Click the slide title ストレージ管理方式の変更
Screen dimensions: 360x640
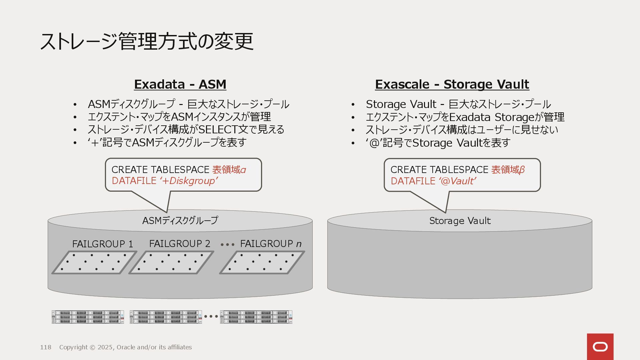pos(147,41)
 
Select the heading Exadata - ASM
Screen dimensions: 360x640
pos(180,84)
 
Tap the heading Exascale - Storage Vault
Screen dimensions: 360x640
pos(452,84)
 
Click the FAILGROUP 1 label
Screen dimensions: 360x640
pos(103,244)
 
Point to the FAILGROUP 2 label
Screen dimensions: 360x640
pos(180,244)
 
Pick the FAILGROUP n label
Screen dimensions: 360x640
pos(271,244)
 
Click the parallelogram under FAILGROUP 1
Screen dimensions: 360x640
pos(94,262)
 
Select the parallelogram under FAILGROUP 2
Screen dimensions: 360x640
pos(171,262)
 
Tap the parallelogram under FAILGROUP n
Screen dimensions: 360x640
pos(262,262)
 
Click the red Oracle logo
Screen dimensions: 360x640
pos(600,347)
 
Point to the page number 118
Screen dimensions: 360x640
pos(46,347)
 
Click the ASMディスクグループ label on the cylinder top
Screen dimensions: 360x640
pos(180,220)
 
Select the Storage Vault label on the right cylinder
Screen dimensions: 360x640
pos(460,221)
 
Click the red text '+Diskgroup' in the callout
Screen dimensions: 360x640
pos(189,181)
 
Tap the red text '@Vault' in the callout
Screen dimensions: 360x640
pos(457,181)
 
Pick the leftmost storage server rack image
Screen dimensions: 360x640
pos(88,317)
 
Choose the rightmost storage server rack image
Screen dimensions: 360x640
pos(256,317)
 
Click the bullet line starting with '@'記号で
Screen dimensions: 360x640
pos(438,143)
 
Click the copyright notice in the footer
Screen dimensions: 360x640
pos(125,347)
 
